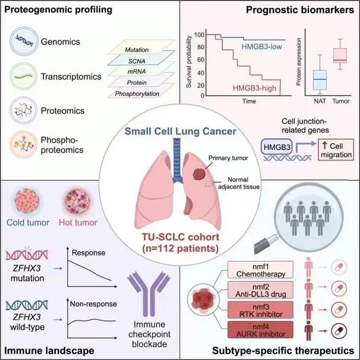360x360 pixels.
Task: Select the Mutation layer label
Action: [137, 50]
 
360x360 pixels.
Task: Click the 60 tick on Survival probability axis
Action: [201, 59]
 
